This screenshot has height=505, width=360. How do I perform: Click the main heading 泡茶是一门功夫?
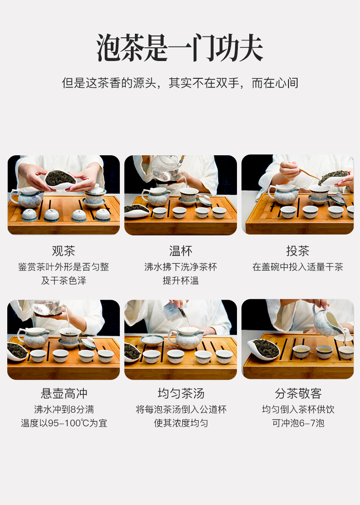(180, 48)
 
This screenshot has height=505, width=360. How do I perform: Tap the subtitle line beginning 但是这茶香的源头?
(180, 83)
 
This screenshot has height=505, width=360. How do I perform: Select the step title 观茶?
(63, 251)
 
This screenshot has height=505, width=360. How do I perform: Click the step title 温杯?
(180, 251)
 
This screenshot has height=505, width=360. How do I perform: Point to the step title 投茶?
(298, 251)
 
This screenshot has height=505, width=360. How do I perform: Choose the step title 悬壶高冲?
(64, 393)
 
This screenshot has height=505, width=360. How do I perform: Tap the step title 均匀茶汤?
(181, 393)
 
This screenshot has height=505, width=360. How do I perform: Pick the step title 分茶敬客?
(298, 393)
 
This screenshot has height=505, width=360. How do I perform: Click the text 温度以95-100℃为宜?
(64, 423)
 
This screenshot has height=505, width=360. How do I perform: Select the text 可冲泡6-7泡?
(298, 423)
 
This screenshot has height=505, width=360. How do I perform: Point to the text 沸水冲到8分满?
(64, 409)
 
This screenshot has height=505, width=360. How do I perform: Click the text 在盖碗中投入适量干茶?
(298, 267)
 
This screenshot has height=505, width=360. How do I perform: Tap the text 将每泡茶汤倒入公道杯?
(181, 409)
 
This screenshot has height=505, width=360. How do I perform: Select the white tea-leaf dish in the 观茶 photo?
(60, 179)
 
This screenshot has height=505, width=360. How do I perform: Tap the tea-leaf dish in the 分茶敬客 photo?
(264, 349)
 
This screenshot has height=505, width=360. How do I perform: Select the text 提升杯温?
(180, 281)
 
